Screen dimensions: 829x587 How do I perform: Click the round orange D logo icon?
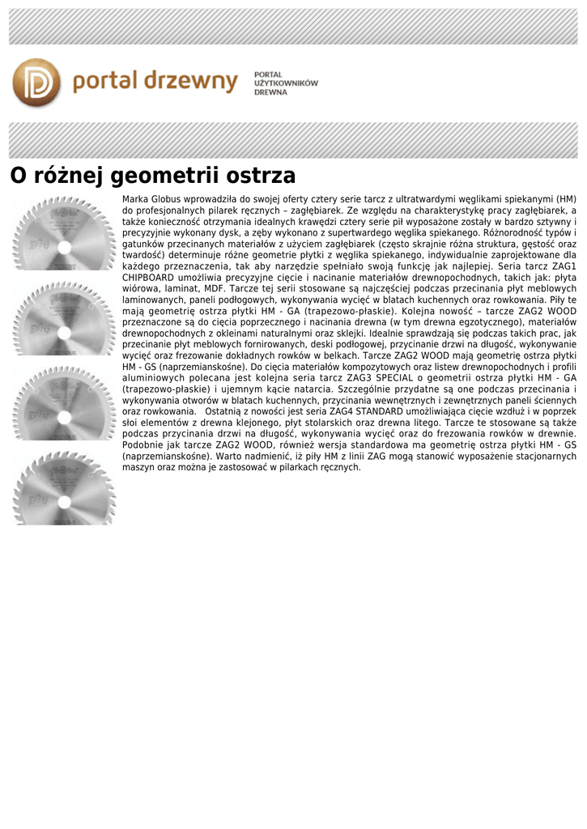click(x=36, y=82)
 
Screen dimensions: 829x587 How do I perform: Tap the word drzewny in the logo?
click(x=194, y=82)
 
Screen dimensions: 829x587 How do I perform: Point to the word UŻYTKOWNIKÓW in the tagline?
click(x=286, y=83)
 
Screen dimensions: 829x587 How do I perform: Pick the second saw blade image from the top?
click(x=64, y=317)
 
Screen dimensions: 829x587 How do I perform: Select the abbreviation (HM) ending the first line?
click(x=564, y=198)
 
